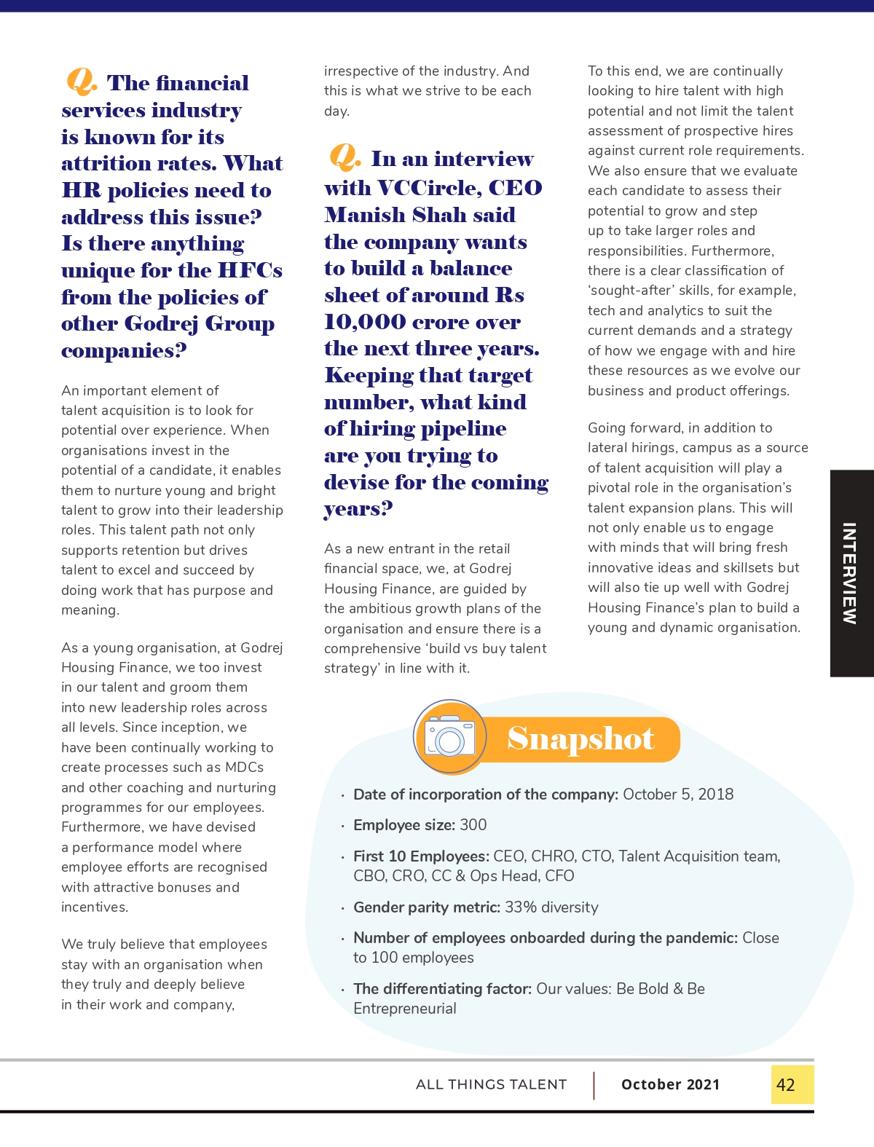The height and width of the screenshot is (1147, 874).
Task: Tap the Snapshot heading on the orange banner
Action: [580, 738]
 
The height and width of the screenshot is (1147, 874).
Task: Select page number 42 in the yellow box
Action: [786, 1084]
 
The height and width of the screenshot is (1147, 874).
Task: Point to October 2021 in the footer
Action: [670, 1084]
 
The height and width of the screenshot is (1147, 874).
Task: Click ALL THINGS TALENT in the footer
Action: [491, 1084]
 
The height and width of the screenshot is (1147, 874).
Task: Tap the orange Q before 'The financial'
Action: [81, 81]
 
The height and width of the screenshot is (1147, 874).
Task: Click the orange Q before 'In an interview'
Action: [344, 156]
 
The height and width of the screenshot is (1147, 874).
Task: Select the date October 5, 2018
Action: [678, 794]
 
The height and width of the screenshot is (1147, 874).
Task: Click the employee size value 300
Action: [473, 824]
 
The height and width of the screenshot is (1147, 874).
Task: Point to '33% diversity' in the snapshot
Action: [551, 907]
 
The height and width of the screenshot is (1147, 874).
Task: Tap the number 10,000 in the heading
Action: [365, 322]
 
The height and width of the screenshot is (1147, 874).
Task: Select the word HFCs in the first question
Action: [250, 270]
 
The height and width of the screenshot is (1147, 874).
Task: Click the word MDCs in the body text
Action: [244, 767]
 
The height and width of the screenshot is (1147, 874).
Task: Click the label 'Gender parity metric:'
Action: [427, 907]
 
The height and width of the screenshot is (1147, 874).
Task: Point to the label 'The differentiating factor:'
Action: [442, 988]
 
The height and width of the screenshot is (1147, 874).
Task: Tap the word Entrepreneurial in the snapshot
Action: [405, 1008]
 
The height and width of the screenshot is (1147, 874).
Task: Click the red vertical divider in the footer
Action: [594, 1084]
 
